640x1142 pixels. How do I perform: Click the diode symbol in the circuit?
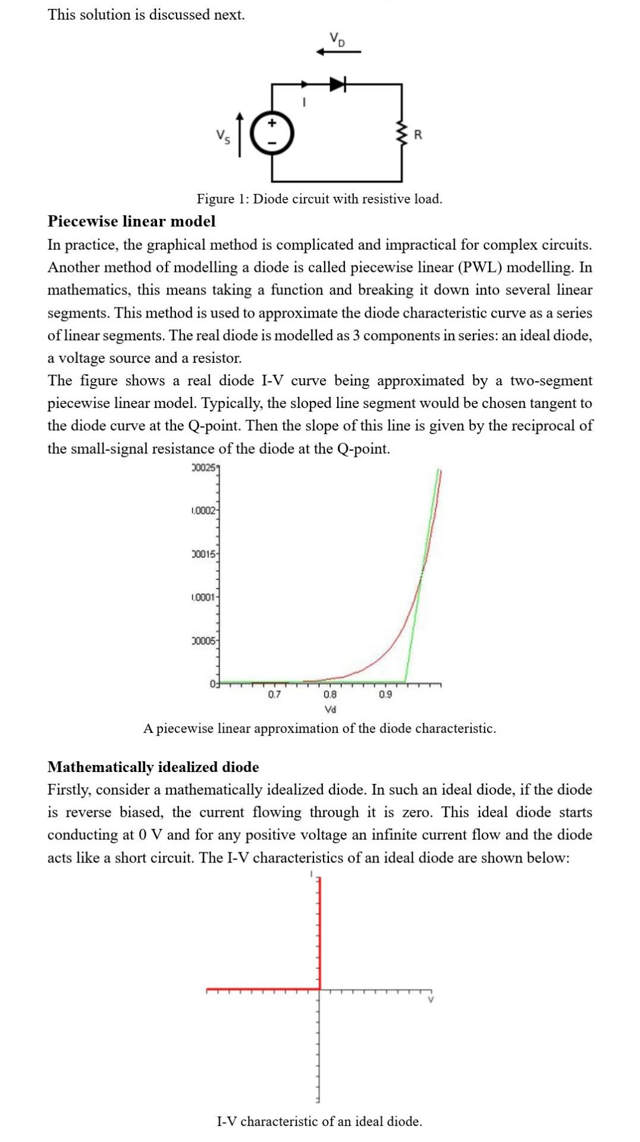(x=337, y=84)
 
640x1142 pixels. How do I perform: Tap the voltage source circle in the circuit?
(x=272, y=134)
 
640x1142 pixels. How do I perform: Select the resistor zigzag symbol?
(x=402, y=134)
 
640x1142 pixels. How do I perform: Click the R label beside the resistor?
(x=418, y=135)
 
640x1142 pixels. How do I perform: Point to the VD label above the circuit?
(x=337, y=40)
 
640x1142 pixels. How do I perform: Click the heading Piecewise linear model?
(x=131, y=221)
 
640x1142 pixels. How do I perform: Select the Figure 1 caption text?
(x=319, y=199)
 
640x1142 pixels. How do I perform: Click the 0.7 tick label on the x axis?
(x=274, y=694)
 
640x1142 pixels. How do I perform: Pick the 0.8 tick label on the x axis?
(x=330, y=694)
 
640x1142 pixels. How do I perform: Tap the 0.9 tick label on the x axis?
(x=385, y=694)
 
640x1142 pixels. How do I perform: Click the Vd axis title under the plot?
(x=330, y=709)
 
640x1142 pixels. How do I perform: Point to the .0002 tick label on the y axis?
(x=202, y=511)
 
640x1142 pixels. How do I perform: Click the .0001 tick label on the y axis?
(x=202, y=597)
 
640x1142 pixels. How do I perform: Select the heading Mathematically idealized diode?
(x=153, y=767)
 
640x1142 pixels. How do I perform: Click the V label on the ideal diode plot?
(x=431, y=1000)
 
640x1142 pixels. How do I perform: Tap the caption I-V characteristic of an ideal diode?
(x=319, y=1121)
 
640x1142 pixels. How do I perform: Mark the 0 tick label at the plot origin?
(x=212, y=683)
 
